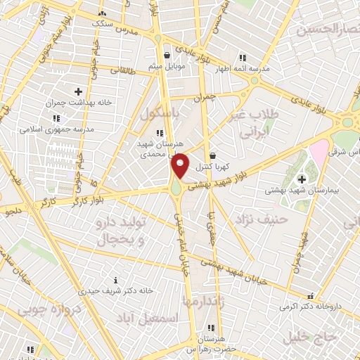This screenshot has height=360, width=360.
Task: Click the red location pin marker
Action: coord(180,166)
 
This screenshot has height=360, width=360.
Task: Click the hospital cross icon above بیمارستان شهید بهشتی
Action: coord(302,179)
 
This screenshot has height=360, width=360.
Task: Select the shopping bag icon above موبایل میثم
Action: coord(167,54)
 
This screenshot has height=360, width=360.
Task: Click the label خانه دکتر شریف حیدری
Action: coord(116,290)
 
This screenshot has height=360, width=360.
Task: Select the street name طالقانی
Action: coord(122,70)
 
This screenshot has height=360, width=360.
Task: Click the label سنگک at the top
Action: coord(102,23)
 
